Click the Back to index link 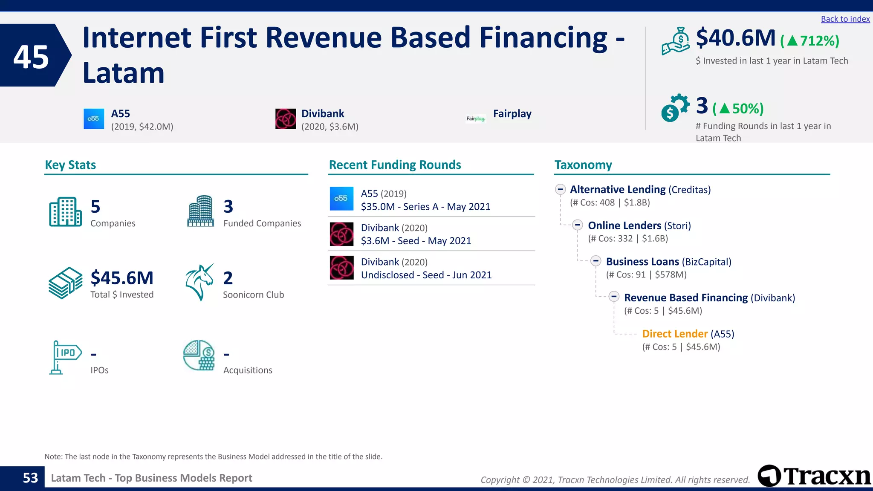coord(845,19)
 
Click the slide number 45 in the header coord(31,57)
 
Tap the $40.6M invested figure coord(735,38)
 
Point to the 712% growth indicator coord(809,41)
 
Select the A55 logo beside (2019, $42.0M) coord(94,119)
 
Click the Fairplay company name coord(512,114)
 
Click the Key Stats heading coord(70,165)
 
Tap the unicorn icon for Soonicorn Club coord(199,282)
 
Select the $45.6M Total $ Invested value coord(122,278)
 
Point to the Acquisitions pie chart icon coord(199,355)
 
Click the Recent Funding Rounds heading coord(395,165)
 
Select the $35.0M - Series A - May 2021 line coord(425,207)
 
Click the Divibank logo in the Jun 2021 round coord(341,268)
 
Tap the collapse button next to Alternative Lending coord(561,189)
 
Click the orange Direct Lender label coord(674,334)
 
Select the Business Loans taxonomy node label coord(642,262)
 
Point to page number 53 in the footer coord(30,478)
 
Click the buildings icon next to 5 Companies coord(65,212)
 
